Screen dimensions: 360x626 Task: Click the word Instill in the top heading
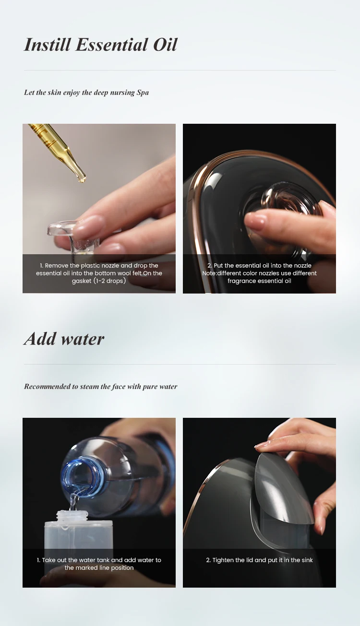tap(47, 45)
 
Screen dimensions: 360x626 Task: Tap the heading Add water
tap(64, 339)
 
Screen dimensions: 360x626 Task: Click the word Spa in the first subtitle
tap(143, 93)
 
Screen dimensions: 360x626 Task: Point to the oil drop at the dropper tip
tap(82, 179)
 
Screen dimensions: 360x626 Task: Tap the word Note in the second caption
tap(209, 273)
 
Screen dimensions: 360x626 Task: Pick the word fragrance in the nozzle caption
tap(240, 281)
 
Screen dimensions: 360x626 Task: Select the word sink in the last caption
tap(307, 560)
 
